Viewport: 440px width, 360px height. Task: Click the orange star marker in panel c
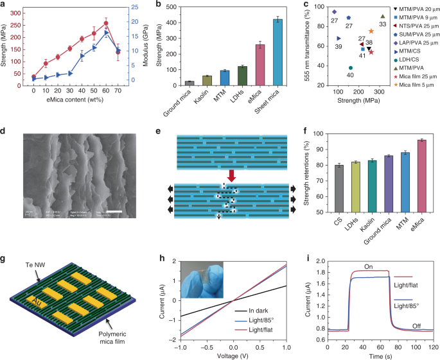pyautogui.click(x=371, y=31)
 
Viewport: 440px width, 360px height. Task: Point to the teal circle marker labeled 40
pyautogui.click(x=351, y=68)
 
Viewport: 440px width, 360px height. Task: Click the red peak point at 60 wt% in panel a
pyautogui.click(x=106, y=23)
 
